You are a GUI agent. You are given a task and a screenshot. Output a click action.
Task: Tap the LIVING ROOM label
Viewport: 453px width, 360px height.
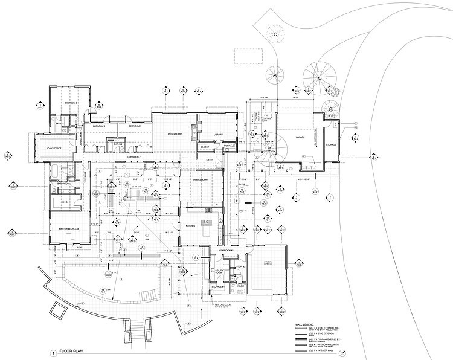point(170,127)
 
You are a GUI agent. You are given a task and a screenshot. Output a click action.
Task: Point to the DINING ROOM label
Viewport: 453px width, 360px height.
point(201,179)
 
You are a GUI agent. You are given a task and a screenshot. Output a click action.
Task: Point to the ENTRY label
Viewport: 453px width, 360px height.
point(210,160)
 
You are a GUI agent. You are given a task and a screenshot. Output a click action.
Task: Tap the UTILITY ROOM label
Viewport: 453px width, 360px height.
point(217,273)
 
